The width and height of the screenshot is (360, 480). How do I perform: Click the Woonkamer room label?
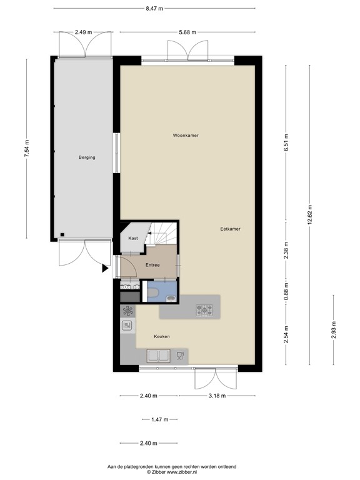click(x=186, y=135)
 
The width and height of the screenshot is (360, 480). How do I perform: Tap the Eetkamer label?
click(x=230, y=229)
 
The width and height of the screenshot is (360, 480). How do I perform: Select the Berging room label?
click(x=87, y=157)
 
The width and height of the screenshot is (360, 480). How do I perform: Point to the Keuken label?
click(x=162, y=336)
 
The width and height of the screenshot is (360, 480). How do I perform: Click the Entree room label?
click(x=152, y=265)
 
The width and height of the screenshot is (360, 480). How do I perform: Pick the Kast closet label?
click(x=133, y=238)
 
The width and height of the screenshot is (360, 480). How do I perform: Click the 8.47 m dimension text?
click(x=154, y=9)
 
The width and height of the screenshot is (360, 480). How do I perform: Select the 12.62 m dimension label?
click(x=310, y=214)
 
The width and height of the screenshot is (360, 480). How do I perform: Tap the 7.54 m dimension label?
click(x=27, y=149)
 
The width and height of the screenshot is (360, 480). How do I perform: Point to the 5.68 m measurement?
click(x=187, y=32)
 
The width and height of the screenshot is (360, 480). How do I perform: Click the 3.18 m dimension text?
click(x=217, y=396)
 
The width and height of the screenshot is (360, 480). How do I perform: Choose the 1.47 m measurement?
click(x=160, y=420)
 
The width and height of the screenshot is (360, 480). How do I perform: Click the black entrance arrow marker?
click(x=105, y=269)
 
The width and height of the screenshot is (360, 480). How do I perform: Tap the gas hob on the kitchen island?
click(x=204, y=310)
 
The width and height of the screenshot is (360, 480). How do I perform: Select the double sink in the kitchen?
click(x=158, y=356)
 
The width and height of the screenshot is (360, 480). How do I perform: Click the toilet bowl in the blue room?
click(x=152, y=293)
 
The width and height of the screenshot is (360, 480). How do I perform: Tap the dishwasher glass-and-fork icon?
click(x=180, y=356)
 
